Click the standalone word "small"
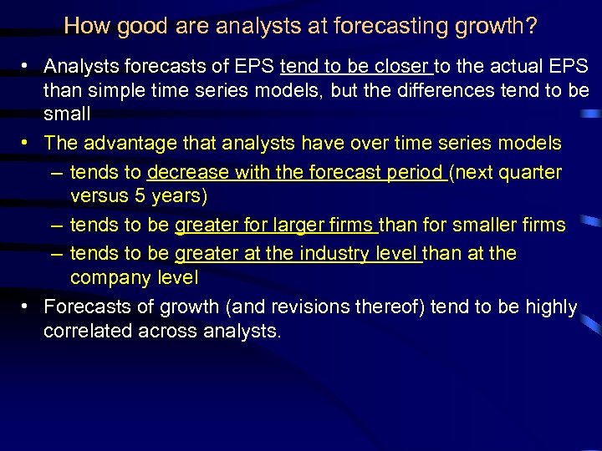[67, 113]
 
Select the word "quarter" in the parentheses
[531, 173]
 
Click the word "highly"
[551, 307]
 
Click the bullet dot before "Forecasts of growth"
[27, 307]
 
